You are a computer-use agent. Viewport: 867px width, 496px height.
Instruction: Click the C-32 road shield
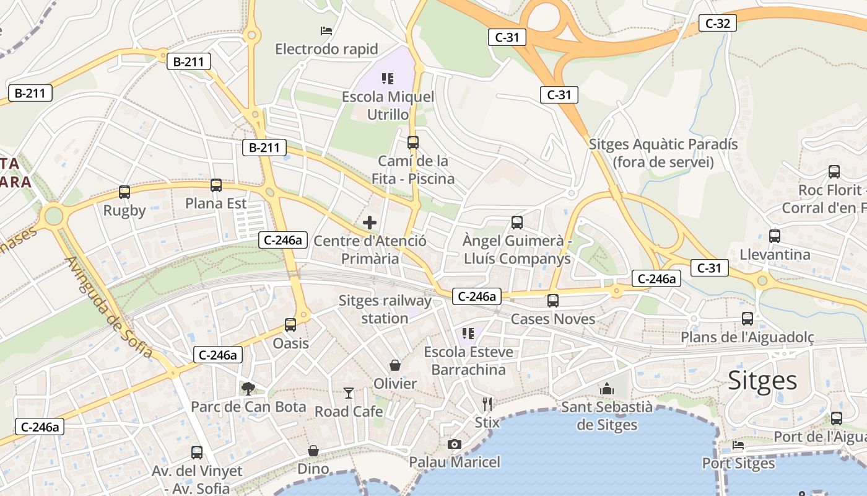tap(718, 24)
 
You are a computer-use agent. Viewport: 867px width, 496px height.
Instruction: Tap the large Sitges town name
tap(762, 379)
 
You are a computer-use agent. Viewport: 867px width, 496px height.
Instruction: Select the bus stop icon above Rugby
tap(124, 192)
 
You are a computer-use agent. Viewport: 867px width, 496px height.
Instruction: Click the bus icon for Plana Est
tap(216, 185)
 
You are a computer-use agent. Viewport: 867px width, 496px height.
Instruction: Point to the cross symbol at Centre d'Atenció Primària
tap(370, 223)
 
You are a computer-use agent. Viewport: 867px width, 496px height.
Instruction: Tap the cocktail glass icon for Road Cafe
tap(349, 393)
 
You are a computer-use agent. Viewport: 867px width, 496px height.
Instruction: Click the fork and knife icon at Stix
tap(487, 404)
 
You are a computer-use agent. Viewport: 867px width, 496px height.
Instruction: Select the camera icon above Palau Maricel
tap(455, 444)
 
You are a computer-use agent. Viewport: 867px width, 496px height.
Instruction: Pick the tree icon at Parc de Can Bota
tap(248, 389)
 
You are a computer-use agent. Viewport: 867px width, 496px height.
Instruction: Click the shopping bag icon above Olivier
tap(395, 365)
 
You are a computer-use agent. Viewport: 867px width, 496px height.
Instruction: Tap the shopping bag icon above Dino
tap(313, 451)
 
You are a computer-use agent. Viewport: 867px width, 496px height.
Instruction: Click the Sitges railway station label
tap(385, 309)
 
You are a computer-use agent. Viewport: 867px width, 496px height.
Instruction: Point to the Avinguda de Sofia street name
tap(108, 307)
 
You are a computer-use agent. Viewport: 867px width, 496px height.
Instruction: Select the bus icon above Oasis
tap(290, 324)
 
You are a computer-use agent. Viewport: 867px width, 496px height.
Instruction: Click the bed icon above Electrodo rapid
tap(326, 30)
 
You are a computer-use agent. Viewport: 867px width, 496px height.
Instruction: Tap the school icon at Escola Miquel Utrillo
tap(388, 79)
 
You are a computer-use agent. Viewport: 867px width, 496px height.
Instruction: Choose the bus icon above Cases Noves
tap(553, 301)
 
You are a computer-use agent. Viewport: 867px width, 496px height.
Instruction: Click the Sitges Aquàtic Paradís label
tap(663, 153)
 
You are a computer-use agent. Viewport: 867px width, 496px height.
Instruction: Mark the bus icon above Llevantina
tap(775, 236)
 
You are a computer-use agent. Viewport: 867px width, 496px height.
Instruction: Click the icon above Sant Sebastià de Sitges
tap(607, 389)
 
